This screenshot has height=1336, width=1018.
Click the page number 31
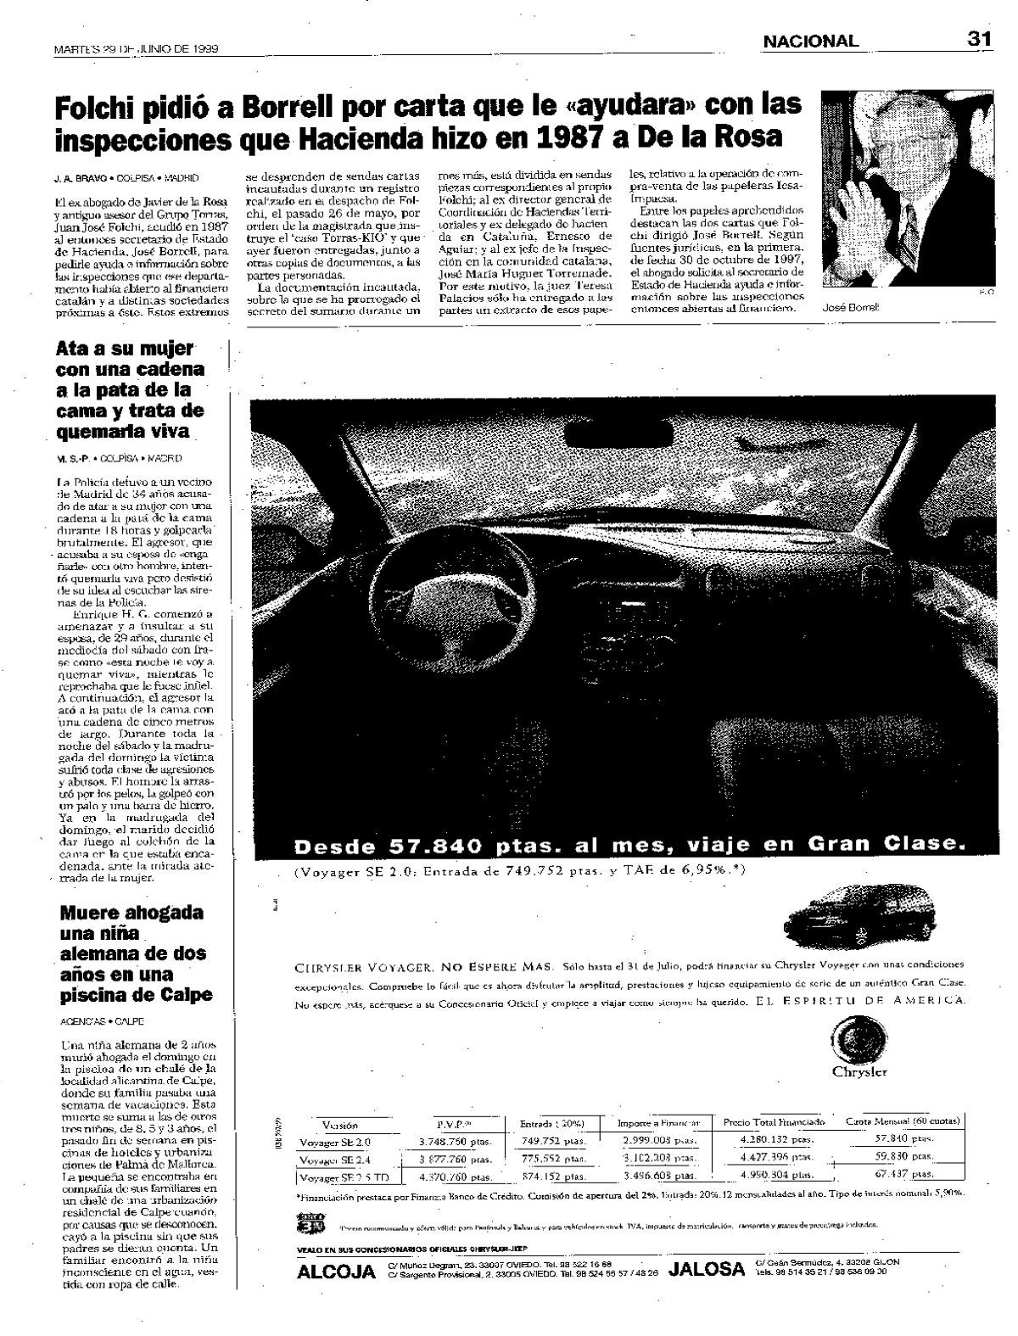pos(979,39)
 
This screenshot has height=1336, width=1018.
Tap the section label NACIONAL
pos(809,41)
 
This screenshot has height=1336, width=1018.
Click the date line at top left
pos(136,49)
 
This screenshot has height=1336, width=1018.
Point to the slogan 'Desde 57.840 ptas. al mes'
pos(628,845)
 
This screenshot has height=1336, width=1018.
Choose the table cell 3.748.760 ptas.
pos(455,1141)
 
